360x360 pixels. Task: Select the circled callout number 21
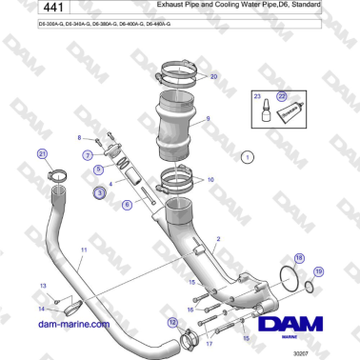point(41,153)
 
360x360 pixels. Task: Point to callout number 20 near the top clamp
point(213,75)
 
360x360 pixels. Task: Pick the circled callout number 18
point(300,258)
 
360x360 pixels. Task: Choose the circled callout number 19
point(319,272)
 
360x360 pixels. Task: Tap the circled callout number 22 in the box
point(282,96)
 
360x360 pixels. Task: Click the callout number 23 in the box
point(256,97)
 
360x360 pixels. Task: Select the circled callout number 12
point(172,323)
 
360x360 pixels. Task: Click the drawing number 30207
point(329,352)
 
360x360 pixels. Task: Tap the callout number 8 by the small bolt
point(79,137)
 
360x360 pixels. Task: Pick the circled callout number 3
point(99,191)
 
